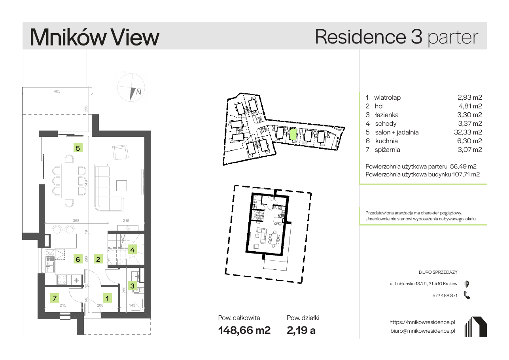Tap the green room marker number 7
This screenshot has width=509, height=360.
(55, 298)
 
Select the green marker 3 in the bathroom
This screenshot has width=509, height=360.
(132, 286)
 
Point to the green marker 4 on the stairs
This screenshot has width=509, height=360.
(132, 250)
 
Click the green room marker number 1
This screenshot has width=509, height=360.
(107, 298)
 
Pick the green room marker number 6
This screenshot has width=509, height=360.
(78, 259)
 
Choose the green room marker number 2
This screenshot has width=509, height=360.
(98, 259)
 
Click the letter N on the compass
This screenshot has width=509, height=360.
(138, 92)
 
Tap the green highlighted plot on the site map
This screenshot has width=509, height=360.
(293, 135)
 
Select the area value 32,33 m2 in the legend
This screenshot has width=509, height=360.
(468, 132)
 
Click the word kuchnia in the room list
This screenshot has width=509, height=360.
(386, 141)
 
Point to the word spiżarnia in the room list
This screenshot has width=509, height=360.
(388, 150)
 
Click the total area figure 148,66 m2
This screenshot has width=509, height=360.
(244, 330)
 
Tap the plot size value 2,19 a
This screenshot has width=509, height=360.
(301, 330)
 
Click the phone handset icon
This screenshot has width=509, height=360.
(467, 295)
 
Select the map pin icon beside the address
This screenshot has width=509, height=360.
(466, 284)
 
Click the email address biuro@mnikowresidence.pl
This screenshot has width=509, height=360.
(423, 331)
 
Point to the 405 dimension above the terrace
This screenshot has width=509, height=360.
(57, 91)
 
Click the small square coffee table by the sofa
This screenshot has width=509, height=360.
(121, 186)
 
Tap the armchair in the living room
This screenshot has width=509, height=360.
(120, 152)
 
